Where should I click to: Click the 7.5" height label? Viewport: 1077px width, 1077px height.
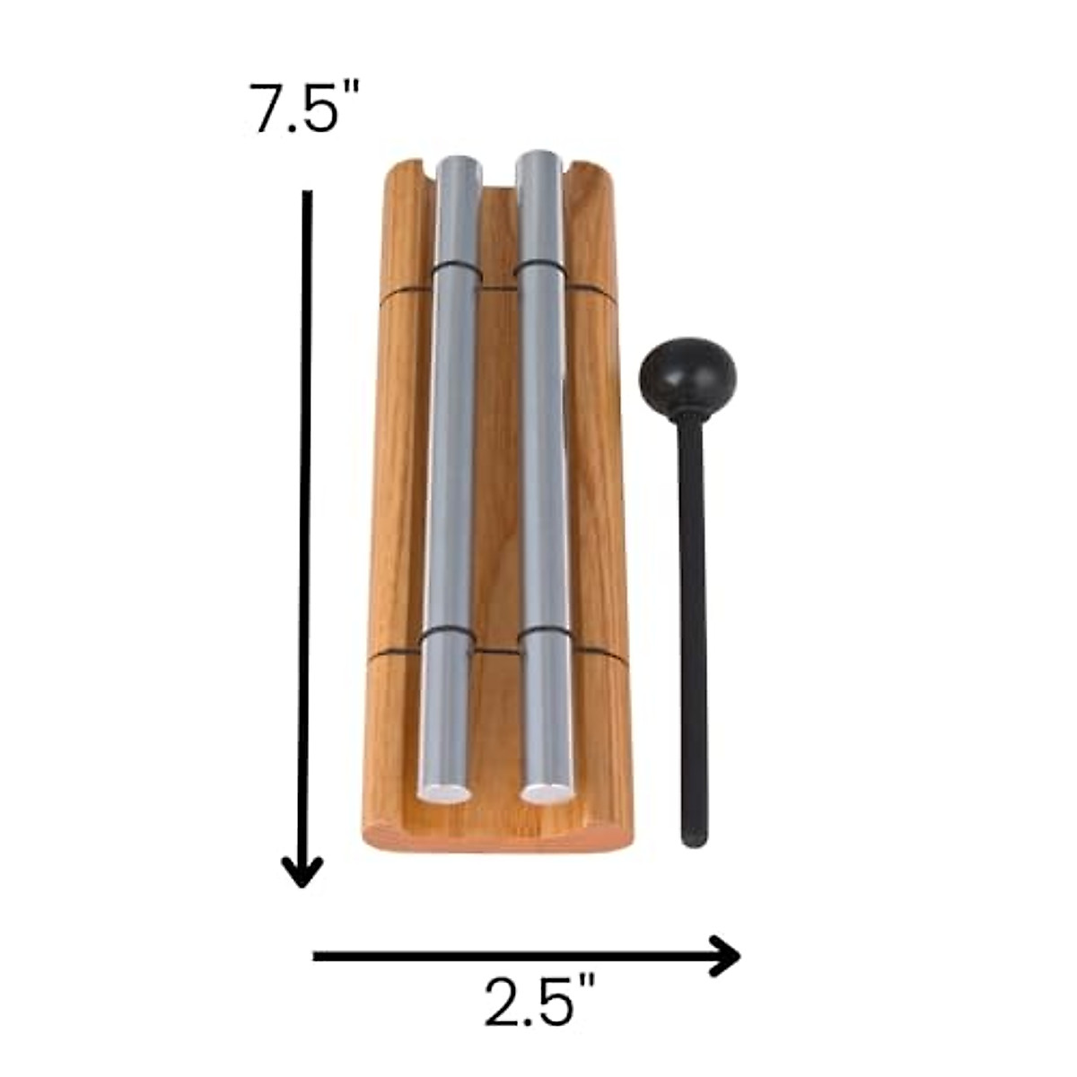click(296, 109)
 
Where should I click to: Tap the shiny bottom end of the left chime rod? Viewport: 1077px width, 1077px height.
click(443, 792)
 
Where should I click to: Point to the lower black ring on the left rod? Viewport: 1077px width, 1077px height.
click(445, 638)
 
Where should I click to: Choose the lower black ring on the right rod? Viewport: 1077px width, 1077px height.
click(544, 638)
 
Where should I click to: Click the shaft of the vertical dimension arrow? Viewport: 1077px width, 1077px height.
click(306, 521)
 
